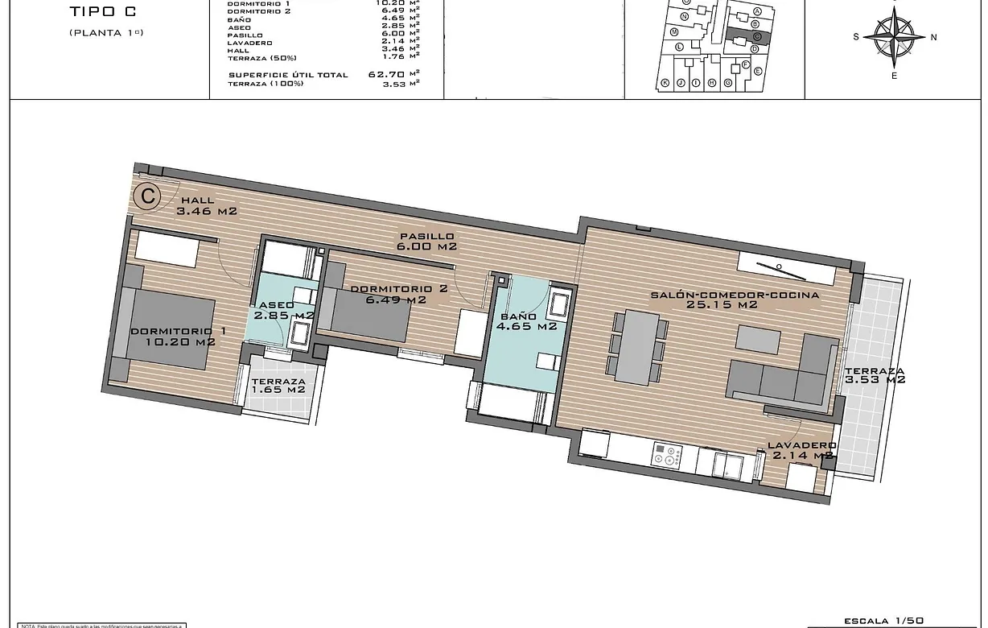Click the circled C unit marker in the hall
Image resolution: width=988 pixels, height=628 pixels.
[x=146, y=196]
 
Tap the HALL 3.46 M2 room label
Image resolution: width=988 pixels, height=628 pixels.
[x=207, y=206]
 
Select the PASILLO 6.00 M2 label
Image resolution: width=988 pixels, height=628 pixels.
[x=426, y=241]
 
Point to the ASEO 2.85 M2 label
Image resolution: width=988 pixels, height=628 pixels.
[x=283, y=311]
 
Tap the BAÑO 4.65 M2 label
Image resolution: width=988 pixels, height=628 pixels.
[x=527, y=321]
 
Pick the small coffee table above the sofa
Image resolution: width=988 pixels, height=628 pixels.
[x=758, y=339]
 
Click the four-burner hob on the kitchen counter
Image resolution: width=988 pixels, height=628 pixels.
[x=667, y=457]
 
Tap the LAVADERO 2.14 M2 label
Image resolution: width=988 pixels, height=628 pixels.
[x=801, y=450]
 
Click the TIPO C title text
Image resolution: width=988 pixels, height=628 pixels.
[x=101, y=11]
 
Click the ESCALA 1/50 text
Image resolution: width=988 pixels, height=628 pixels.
[x=883, y=621]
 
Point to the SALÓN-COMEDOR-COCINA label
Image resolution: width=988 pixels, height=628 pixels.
[x=735, y=300]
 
